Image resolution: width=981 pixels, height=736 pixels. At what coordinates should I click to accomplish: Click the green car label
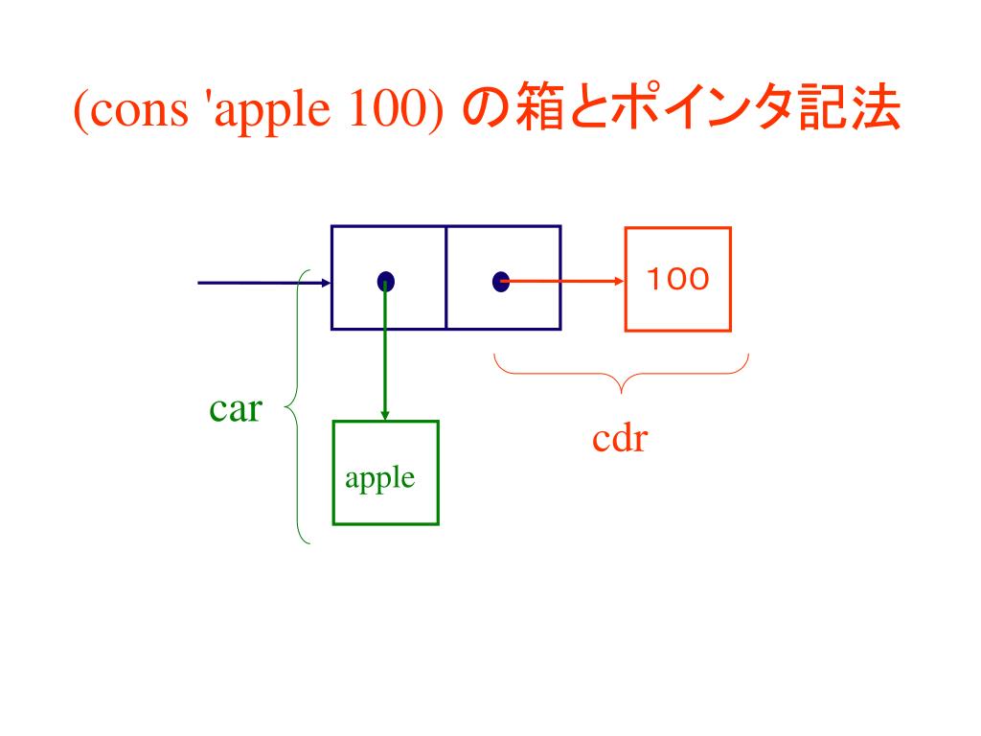coord(235,410)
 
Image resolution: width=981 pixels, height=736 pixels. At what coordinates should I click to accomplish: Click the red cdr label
coord(620,440)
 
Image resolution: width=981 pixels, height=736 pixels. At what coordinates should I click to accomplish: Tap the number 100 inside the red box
coord(677,279)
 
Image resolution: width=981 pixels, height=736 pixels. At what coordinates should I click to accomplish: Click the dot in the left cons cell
coord(385,281)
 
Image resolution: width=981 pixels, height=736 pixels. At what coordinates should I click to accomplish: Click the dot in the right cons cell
coord(500,282)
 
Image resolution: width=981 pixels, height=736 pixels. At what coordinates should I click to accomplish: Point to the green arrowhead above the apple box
coord(385,415)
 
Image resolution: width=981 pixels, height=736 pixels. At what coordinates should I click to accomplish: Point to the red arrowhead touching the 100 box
coord(619,282)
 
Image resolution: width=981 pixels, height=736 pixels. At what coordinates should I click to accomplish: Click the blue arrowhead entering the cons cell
coord(326,283)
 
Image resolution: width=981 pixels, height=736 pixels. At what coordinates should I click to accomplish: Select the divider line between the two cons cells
coord(445,278)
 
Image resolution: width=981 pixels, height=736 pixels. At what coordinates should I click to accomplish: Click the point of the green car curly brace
coord(285,410)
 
